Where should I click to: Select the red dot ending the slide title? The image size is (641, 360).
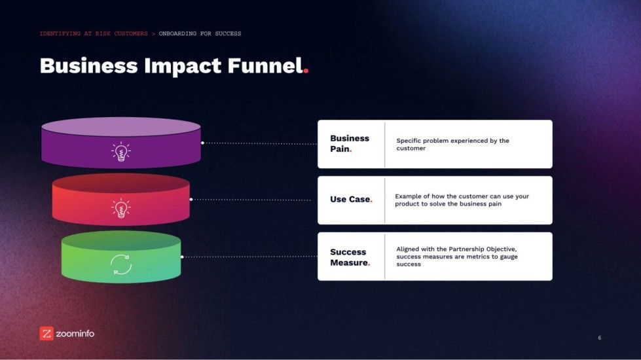(306, 71)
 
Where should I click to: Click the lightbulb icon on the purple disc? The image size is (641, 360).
(120, 153)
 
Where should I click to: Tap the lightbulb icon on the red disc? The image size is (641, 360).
(120, 209)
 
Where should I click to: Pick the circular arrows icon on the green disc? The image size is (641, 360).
(121, 264)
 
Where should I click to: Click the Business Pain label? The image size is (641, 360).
(350, 143)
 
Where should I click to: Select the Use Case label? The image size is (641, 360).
(351, 199)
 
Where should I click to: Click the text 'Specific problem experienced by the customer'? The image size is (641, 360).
(452, 144)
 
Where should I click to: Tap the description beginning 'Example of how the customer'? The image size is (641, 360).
(462, 200)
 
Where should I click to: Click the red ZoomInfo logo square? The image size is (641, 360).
(46, 333)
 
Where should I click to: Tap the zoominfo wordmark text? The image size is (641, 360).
(75, 334)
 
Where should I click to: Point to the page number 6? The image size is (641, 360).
(599, 338)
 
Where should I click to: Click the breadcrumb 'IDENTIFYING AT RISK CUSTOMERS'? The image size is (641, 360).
(94, 33)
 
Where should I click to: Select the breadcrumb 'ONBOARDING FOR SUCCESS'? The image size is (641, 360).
(200, 33)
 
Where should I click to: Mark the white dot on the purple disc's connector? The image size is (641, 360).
(202, 143)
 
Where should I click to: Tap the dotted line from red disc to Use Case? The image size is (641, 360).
(252, 200)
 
